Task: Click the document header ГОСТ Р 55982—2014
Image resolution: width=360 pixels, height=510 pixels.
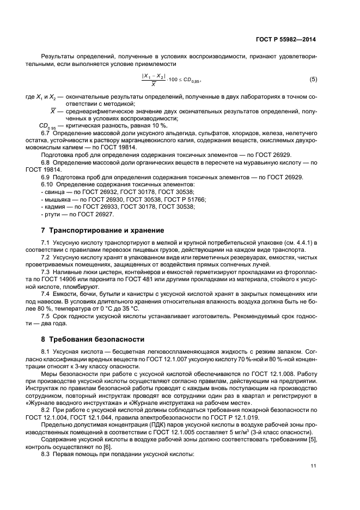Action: point(289,40)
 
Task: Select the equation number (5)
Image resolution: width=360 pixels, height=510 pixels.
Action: point(313,80)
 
